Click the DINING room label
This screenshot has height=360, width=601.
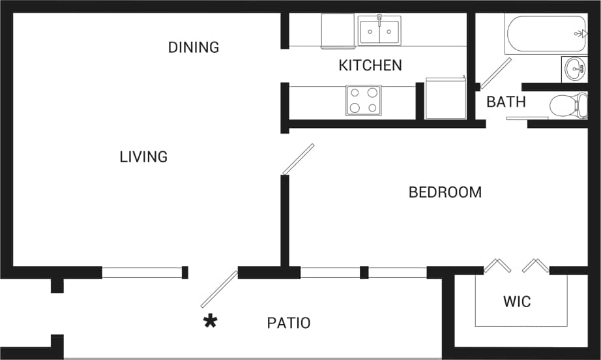click(194, 48)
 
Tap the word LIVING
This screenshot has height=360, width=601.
click(143, 157)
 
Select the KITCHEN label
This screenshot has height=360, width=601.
click(370, 65)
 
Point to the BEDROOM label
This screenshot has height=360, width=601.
click(445, 192)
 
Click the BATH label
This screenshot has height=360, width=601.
click(506, 102)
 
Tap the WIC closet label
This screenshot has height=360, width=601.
click(517, 302)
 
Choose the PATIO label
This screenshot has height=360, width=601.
click(289, 323)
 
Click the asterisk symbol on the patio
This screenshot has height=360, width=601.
click(210, 321)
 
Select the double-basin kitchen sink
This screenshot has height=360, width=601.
click(379, 31)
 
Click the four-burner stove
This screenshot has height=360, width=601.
click(364, 100)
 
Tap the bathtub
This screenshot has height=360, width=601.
click(546, 33)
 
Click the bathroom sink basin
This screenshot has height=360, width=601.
click(574, 68)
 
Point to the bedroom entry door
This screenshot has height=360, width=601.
click(299, 159)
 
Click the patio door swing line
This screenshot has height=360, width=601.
click(219, 289)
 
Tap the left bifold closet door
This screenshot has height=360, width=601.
click(497, 266)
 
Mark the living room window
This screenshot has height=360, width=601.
click(141, 273)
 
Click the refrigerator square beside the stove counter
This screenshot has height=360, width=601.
click(446, 98)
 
